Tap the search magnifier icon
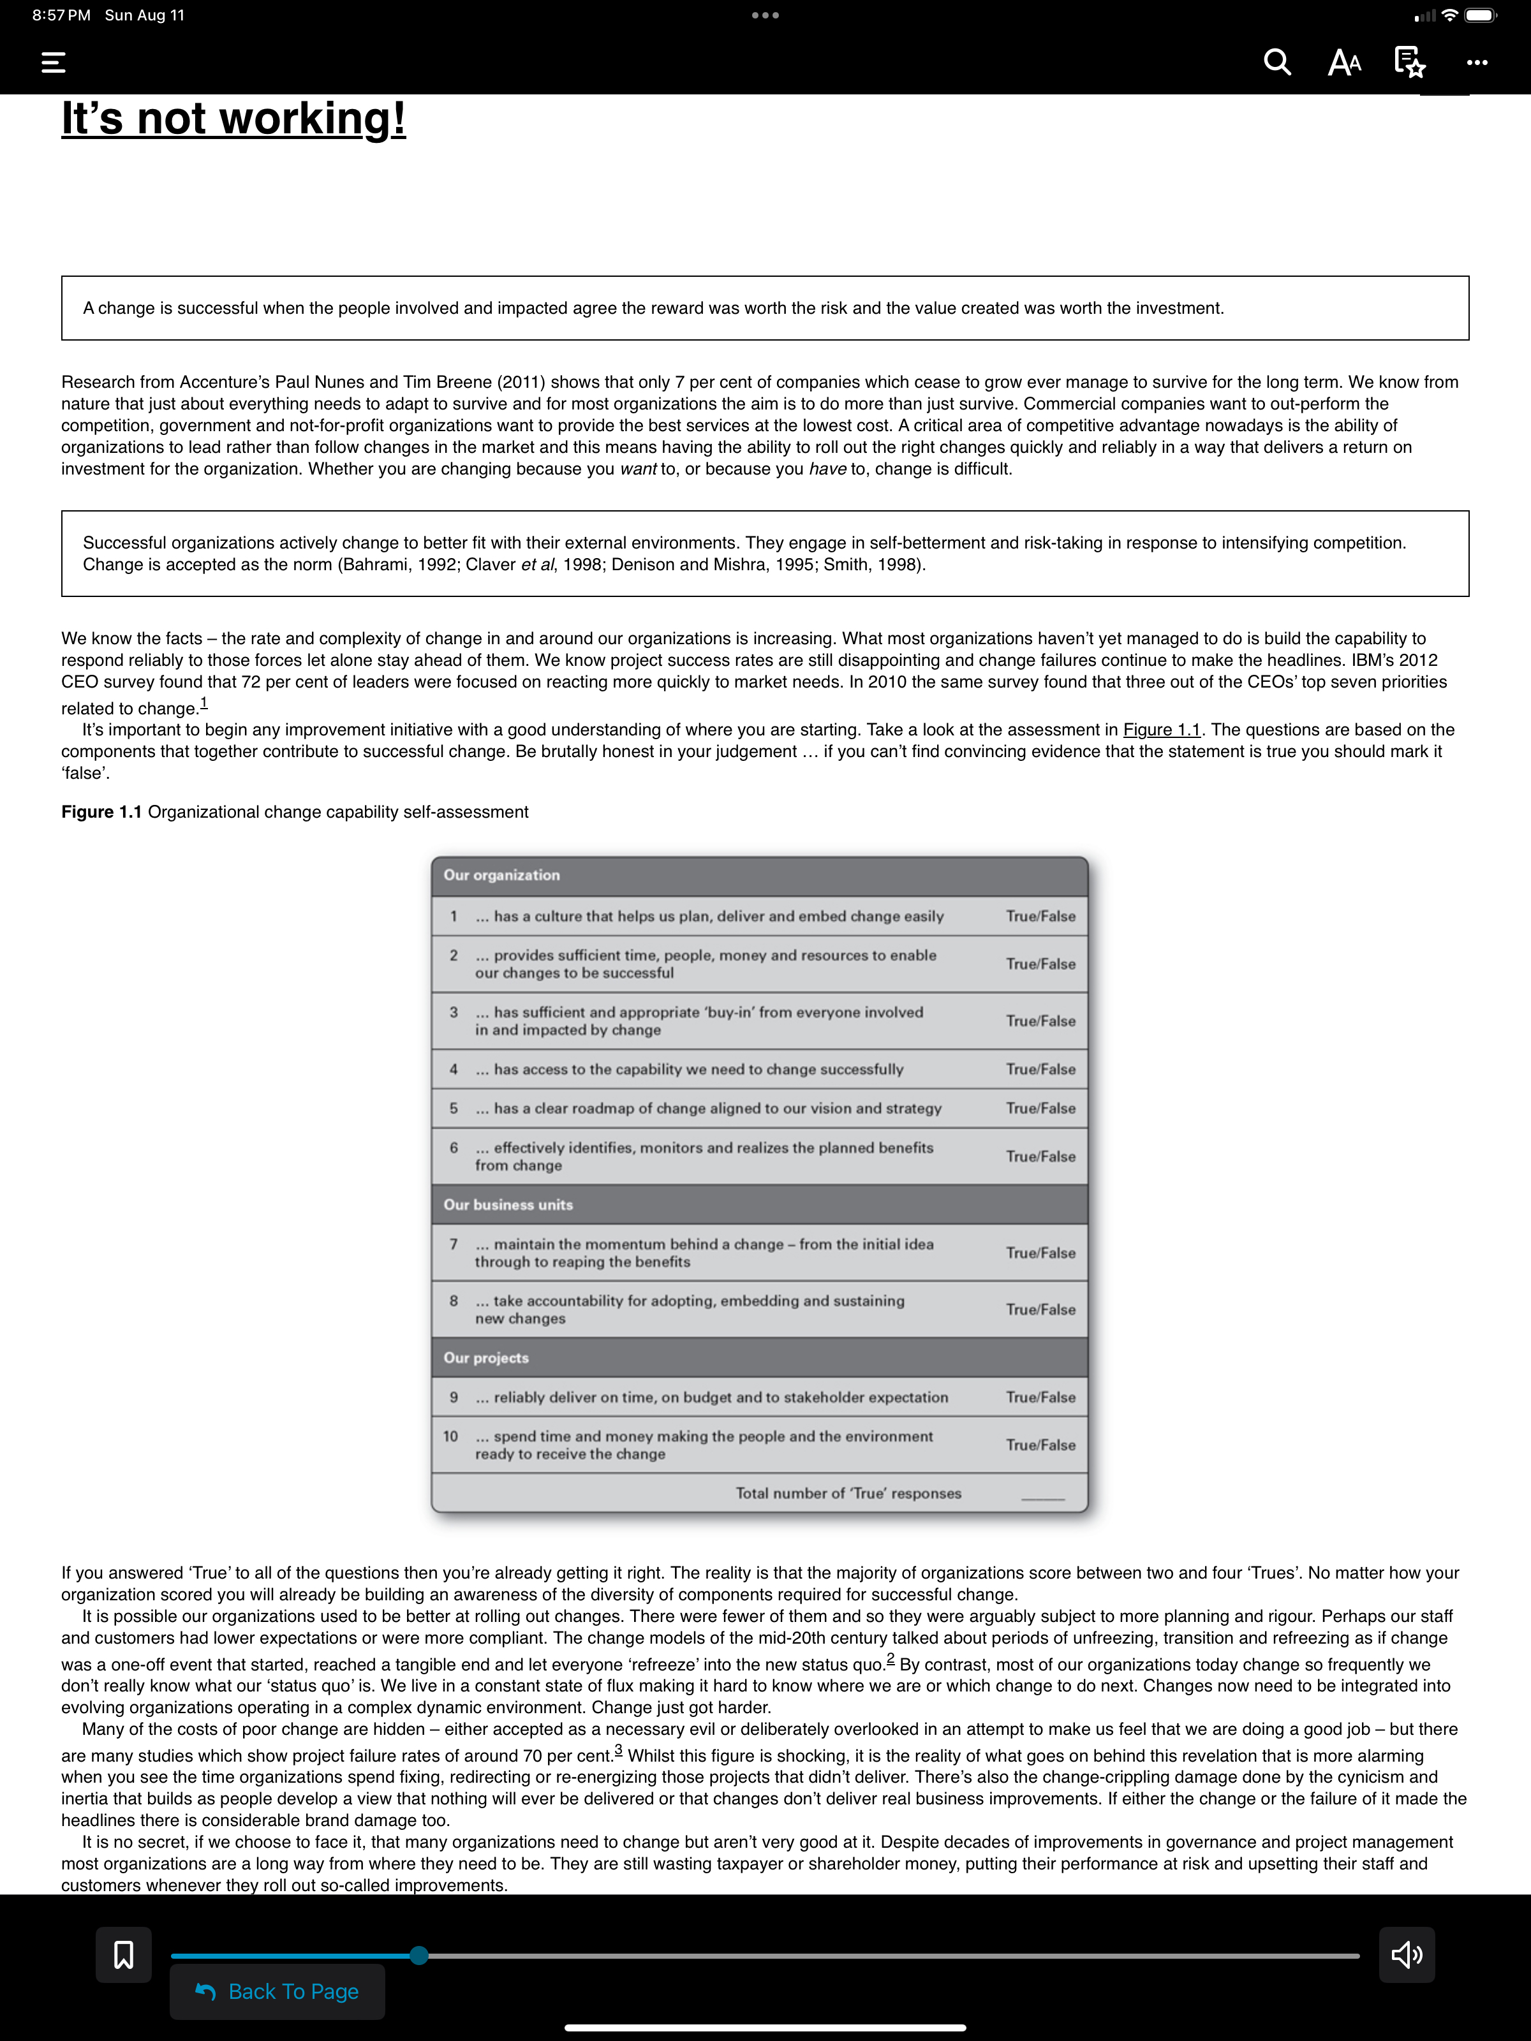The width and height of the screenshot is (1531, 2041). [1276, 62]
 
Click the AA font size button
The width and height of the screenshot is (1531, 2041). [1343, 63]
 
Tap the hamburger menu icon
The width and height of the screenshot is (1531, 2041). [54, 63]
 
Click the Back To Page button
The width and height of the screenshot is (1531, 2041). [277, 1991]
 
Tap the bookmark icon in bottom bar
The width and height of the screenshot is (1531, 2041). [124, 1954]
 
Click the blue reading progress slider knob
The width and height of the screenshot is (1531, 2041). [419, 1954]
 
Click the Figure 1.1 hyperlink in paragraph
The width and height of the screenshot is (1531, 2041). [1161, 730]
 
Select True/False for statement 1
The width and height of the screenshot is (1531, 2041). [1040, 917]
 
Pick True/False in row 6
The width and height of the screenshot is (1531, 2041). [1040, 1156]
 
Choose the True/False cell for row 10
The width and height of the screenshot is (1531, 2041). [1040, 1445]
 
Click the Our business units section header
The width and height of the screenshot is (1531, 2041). [508, 1204]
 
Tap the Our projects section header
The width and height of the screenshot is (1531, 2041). [486, 1357]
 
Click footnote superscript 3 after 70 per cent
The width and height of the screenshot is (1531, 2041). [618, 1750]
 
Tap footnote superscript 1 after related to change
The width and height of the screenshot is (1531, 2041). [204, 703]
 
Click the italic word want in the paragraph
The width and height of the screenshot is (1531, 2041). [638, 469]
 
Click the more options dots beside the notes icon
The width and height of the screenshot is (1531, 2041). [1477, 63]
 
